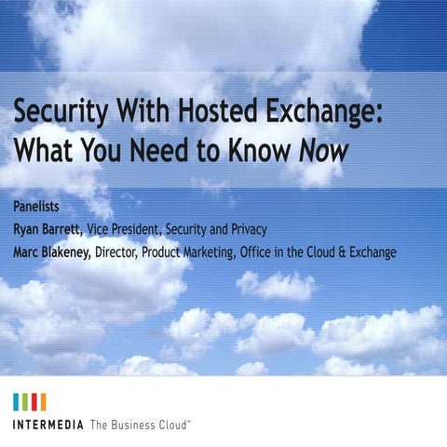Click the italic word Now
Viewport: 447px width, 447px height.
pos(322,152)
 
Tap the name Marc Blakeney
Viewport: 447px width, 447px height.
pos(53,251)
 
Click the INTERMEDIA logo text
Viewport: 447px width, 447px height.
pos(48,425)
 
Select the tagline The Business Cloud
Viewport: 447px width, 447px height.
pos(140,425)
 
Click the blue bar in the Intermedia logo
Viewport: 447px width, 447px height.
pos(17,401)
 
